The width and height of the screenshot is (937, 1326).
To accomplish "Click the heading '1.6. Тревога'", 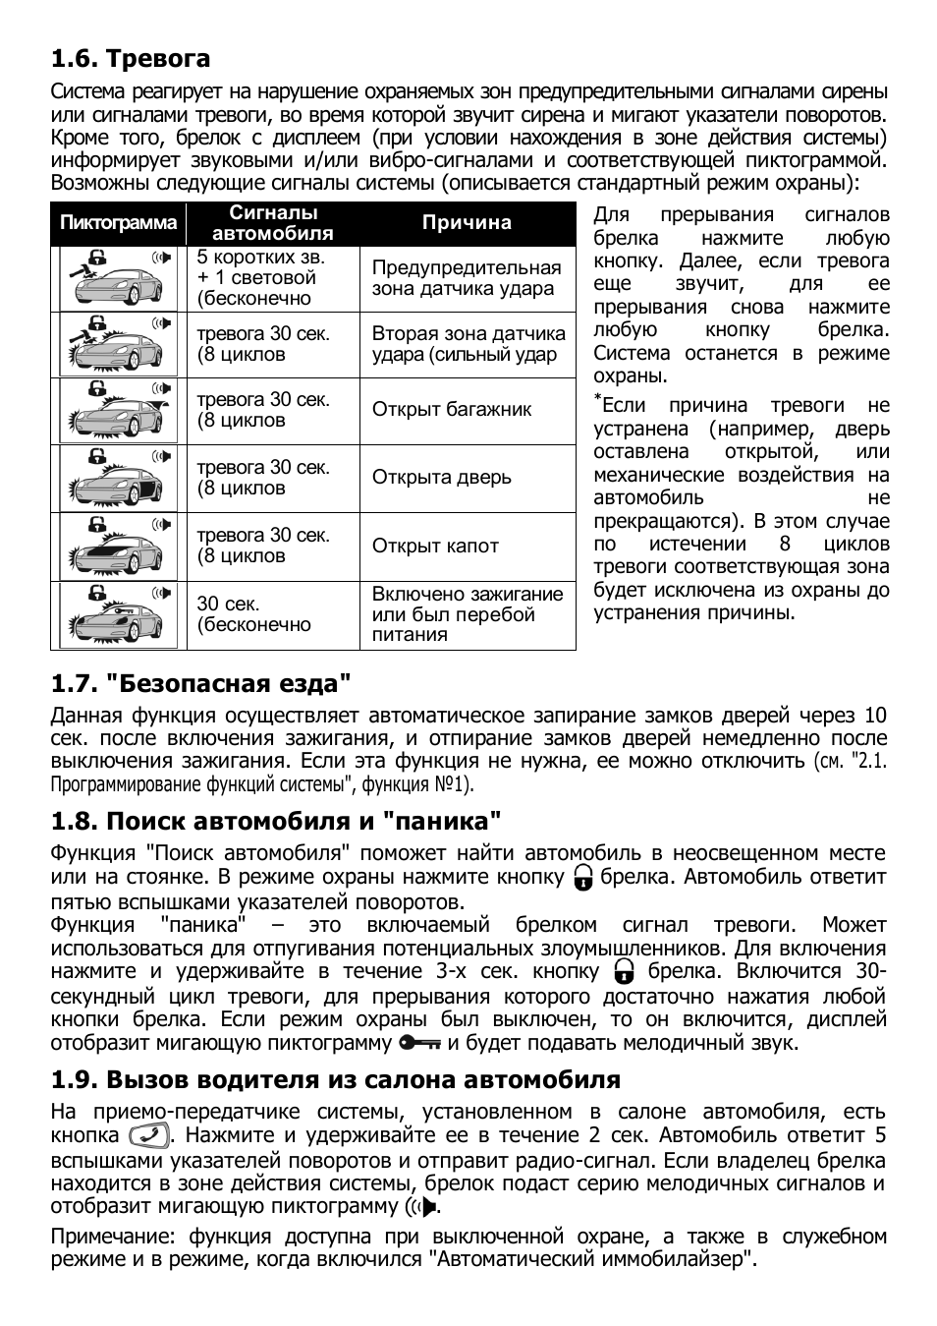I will pos(131,59).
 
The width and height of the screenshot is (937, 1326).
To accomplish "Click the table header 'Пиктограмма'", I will pos(118,223).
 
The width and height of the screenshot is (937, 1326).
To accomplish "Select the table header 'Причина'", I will pos(467,223).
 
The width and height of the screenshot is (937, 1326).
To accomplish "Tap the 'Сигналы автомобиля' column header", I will pos(273,223).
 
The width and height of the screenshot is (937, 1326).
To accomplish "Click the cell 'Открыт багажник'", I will pos(451,410).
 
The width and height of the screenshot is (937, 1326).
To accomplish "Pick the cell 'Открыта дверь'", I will pos(441,478).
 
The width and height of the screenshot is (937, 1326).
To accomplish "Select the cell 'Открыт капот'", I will pos(435,547).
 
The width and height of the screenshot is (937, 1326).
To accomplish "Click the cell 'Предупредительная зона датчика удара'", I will pos(466,278).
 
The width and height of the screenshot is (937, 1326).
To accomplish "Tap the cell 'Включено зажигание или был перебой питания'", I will pos(467,614).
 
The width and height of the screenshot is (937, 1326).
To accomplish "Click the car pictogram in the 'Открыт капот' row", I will pos(118,547).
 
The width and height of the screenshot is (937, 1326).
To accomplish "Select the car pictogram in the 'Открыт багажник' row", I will pos(118,411).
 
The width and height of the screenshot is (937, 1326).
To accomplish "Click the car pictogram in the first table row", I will pos(118,278).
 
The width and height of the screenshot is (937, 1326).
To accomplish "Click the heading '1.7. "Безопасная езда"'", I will pos(200,683).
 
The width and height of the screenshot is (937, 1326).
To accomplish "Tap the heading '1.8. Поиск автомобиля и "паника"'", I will pos(276,821).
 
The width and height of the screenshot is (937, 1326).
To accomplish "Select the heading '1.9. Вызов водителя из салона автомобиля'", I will pos(335,1080).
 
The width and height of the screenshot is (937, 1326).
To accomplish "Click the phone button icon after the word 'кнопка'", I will pos(149,1136).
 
